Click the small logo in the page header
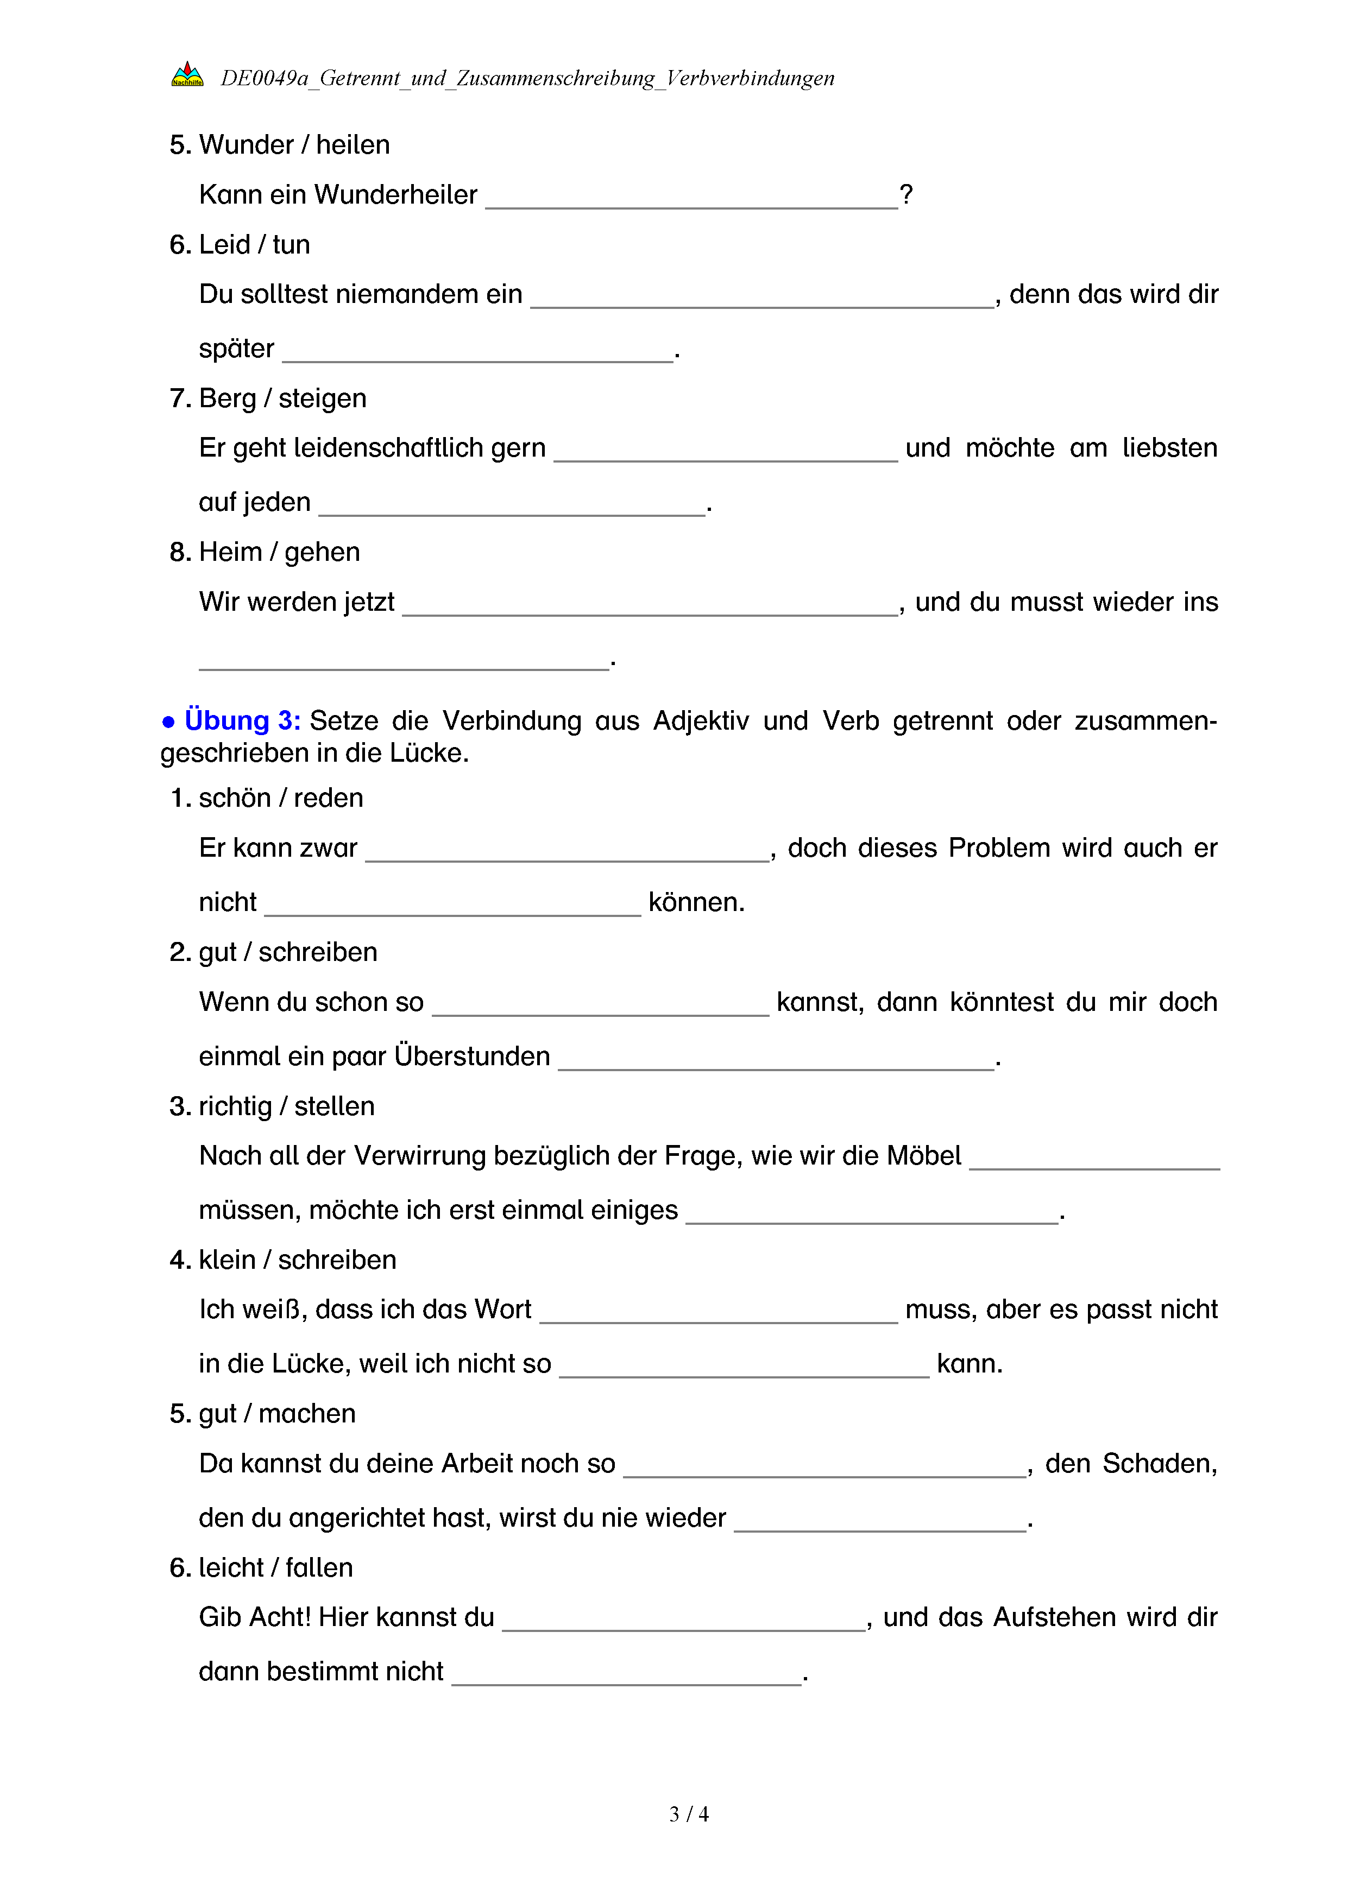tap(187, 75)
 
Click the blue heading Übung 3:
tap(241, 720)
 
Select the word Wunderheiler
tap(395, 195)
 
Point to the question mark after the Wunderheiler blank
tap(907, 195)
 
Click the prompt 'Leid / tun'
tap(254, 245)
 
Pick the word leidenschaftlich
tap(389, 448)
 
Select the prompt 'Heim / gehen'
tap(280, 552)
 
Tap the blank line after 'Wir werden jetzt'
tap(650, 607)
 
